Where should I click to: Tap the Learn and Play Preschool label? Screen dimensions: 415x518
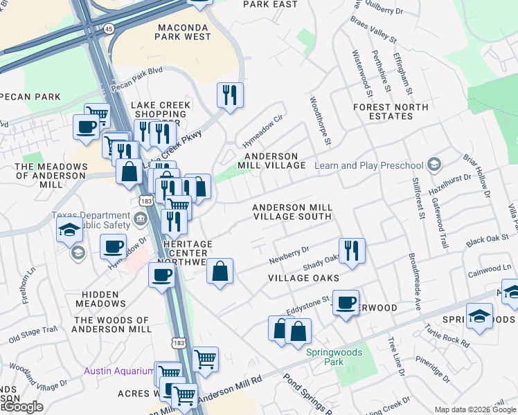tap(368, 165)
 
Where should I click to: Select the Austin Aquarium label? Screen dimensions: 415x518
tap(118, 371)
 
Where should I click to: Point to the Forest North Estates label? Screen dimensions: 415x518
tap(391, 111)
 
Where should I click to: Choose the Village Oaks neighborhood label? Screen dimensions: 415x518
tap(304, 278)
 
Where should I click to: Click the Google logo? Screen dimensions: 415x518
tap(22, 407)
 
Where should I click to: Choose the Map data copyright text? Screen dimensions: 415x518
tap(474, 409)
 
